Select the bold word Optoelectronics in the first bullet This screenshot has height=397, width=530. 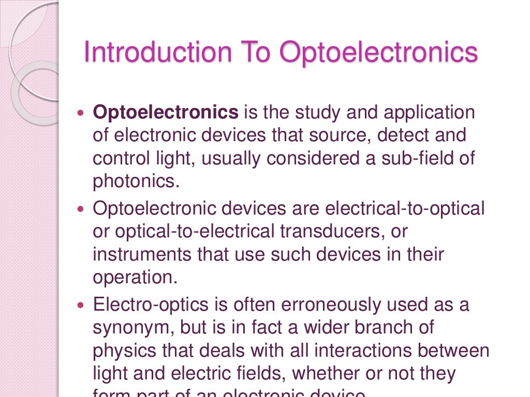(166, 112)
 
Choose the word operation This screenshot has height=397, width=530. (135, 278)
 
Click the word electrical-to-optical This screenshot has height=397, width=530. (405, 209)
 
